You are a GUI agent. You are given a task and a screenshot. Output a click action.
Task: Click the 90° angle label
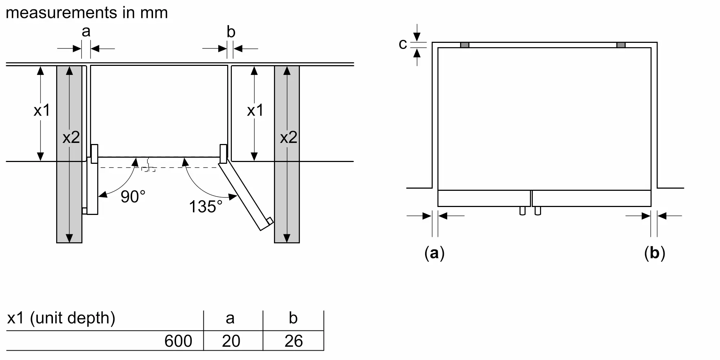tap(133, 197)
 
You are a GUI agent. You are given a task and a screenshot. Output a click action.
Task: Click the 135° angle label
tap(206, 207)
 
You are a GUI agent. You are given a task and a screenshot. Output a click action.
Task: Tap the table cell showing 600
tap(178, 341)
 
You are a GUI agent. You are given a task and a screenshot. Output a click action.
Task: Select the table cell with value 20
tap(231, 341)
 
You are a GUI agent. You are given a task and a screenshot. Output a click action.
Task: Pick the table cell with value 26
tap(293, 341)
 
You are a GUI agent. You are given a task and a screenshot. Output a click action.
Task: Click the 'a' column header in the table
tap(230, 318)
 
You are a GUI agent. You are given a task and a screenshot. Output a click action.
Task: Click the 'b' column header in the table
tap(293, 318)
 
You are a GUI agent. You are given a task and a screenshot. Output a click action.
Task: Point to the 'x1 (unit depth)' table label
tap(61, 318)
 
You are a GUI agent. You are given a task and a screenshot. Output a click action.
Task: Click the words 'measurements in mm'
tap(87, 13)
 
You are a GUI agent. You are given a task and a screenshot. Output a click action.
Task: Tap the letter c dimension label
tap(403, 44)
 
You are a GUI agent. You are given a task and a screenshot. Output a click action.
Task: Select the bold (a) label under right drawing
tap(435, 253)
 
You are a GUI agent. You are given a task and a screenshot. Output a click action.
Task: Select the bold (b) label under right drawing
tap(654, 253)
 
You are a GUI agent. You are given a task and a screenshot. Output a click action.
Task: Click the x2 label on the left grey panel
tap(71, 138)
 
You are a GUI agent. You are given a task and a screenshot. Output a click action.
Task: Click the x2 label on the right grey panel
tap(288, 138)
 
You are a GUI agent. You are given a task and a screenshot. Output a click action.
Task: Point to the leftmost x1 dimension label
tap(42, 111)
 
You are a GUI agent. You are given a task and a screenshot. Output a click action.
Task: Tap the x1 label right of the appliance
tap(255, 111)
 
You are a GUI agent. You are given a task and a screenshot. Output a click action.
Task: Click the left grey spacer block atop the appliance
tap(465, 45)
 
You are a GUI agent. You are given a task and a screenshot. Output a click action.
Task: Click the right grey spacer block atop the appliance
tap(621, 45)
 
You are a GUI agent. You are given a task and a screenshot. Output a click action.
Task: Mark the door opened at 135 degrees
tap(246, 196)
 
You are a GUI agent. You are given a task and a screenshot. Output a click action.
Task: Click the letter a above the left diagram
tap(86, 32)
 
